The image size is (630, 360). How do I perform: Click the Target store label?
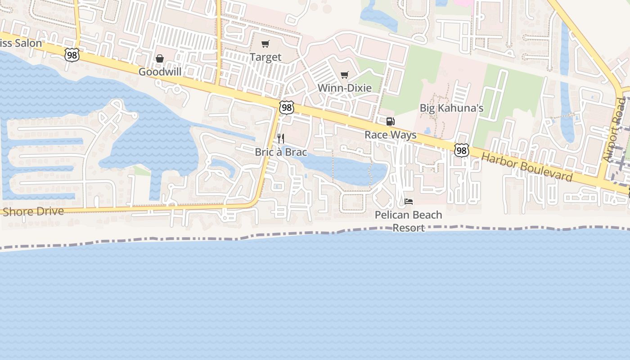265,57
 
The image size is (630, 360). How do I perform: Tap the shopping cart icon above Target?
265,44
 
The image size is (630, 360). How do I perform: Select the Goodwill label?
160,72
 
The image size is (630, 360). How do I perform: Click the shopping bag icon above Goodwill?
160,58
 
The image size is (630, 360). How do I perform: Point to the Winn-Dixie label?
345,88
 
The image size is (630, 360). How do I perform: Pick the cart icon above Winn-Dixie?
345,75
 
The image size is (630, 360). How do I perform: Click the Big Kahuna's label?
451,108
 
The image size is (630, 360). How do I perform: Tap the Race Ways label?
390,135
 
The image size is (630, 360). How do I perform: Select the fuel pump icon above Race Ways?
390,121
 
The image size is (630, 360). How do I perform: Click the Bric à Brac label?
281,152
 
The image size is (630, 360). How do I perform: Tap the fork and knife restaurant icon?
280,138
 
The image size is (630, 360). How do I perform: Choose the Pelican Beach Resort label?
409,221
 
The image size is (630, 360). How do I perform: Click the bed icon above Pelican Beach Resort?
409,201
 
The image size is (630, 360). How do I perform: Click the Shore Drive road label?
33,211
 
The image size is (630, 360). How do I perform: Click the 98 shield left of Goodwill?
72,55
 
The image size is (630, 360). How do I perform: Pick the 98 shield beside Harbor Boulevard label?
461,150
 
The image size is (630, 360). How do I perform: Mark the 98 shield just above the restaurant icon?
286,108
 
